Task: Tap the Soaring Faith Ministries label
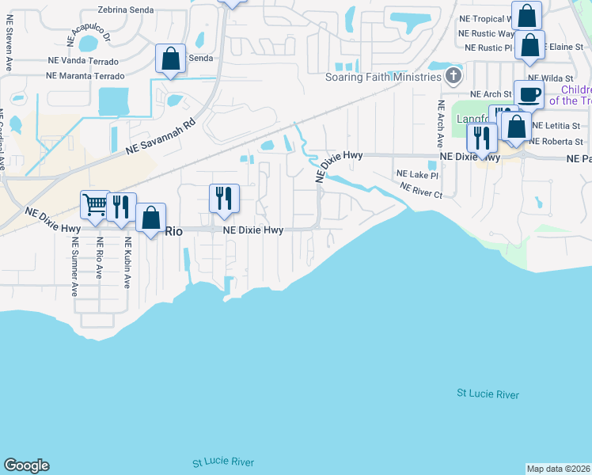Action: pos(383,77)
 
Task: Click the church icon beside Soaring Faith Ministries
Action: pos(453,77)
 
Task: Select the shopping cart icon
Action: pos(95,205)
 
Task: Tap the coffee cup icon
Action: pos(529,95)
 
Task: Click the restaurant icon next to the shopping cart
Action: pos(121,207)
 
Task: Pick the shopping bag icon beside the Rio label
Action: pos(150,218)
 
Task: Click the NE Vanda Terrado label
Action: pos(83,61)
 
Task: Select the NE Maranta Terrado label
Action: pos(85,76)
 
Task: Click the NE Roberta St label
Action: pos(556,142)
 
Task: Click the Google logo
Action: pos(26,465)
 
